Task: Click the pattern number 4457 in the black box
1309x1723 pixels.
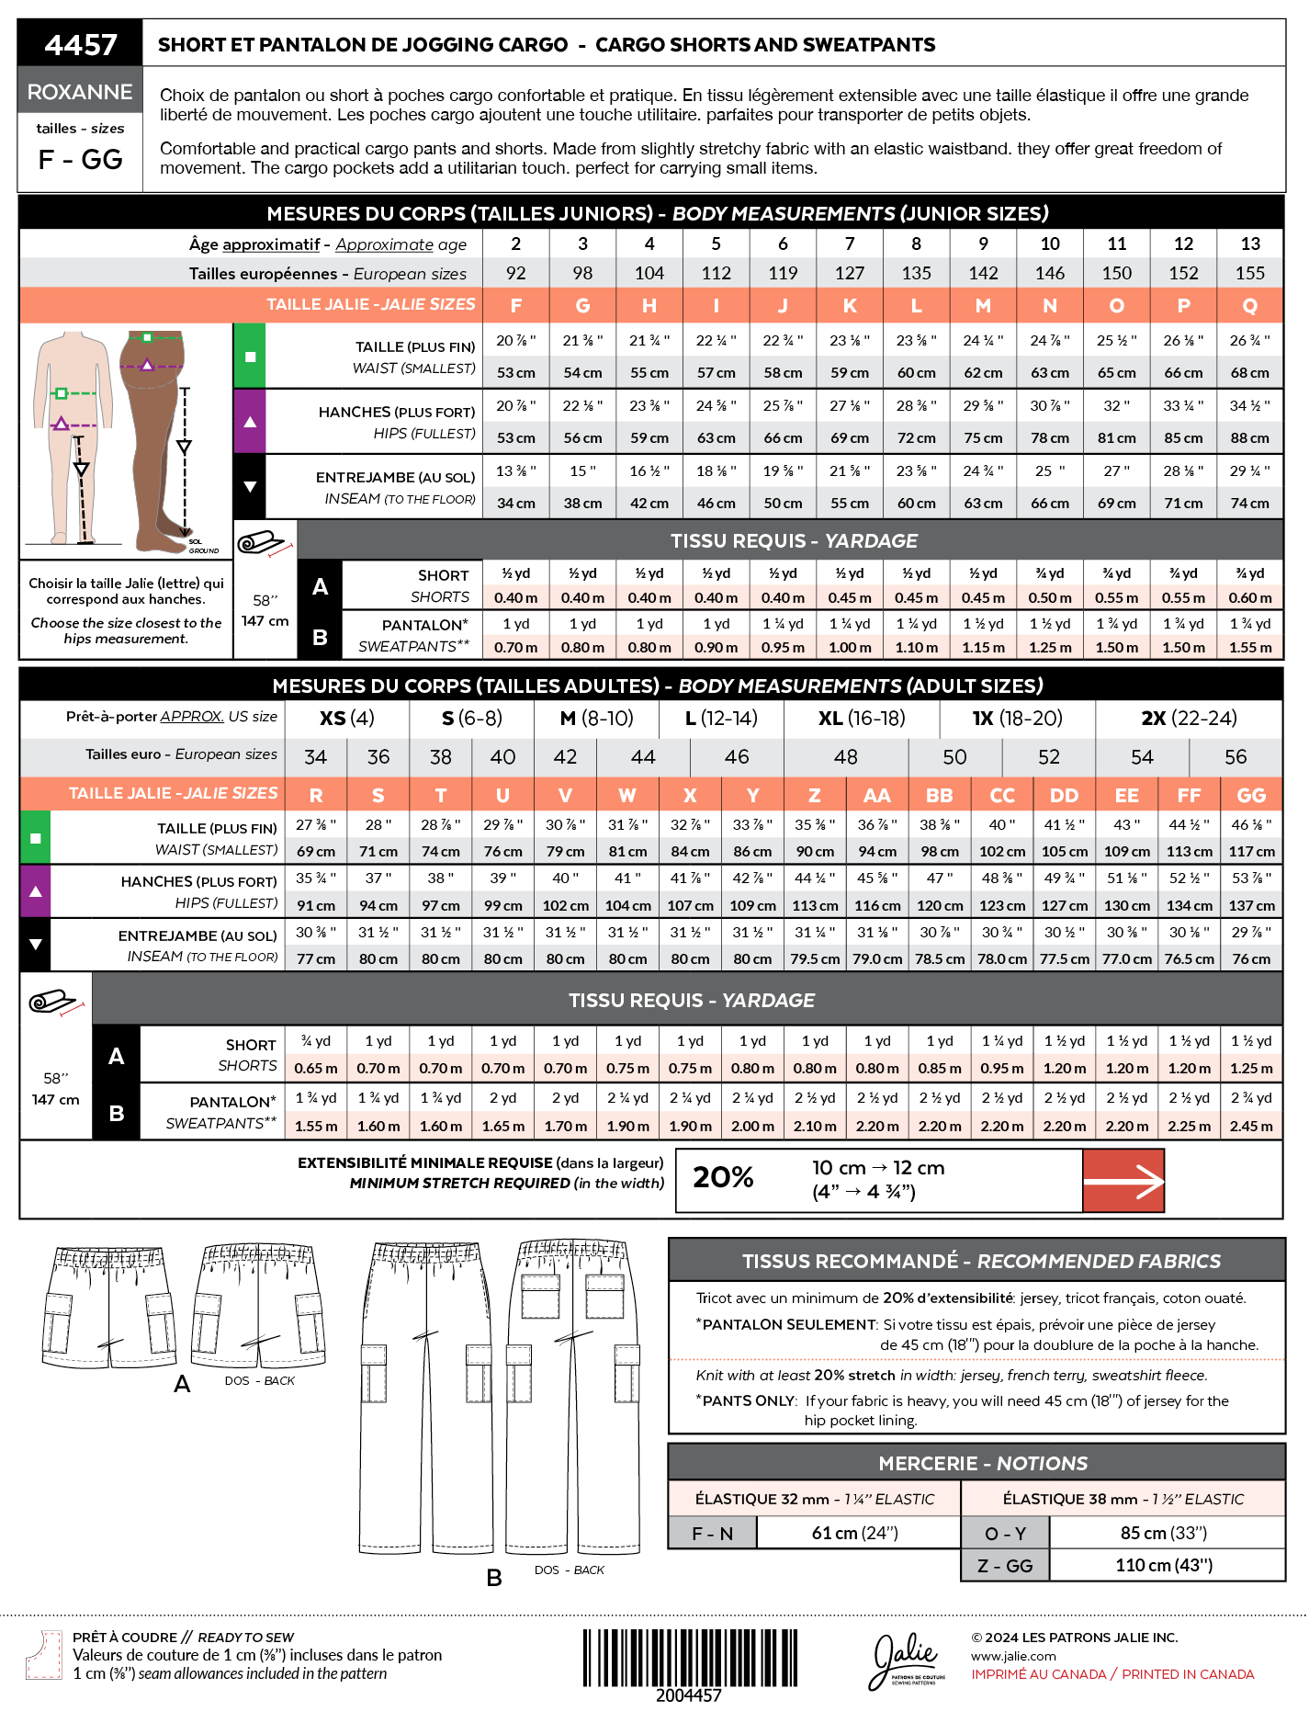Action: (81, 44)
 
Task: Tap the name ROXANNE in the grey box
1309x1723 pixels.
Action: (80, 92)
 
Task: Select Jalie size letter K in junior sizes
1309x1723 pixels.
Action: (850, 305)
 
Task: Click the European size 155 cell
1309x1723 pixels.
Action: (1249, 273)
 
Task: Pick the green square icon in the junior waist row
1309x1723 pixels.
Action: (250, 356)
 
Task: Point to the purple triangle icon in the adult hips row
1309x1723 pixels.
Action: (35, 891)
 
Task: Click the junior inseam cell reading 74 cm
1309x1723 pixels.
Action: (1249, 504)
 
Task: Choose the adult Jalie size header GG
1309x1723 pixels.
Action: (1251, 795)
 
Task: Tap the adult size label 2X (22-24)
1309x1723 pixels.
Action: (1189, 718)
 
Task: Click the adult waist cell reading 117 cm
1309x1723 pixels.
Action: (1251, 852)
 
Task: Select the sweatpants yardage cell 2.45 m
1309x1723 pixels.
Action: (1251, 1126)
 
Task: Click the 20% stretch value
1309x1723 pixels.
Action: (723, 1177)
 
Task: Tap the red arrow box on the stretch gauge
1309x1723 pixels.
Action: (1123, 1181)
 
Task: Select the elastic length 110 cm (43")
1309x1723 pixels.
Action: (1164, 1565)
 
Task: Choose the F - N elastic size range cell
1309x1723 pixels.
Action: (713, 1534)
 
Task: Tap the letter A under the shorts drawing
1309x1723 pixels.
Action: (182, 1384)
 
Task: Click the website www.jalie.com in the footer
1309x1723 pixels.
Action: (1013, 1656)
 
